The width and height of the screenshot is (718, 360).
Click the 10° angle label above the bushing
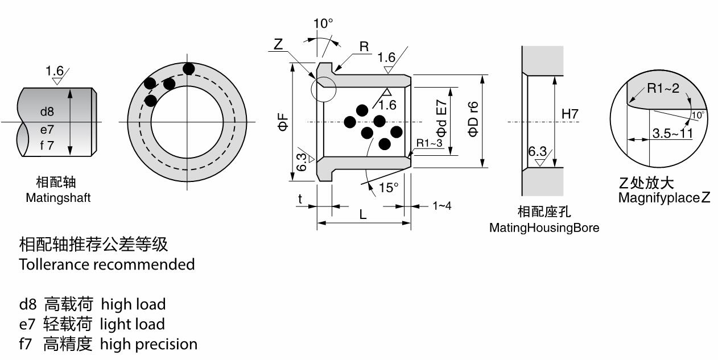pos(323,24)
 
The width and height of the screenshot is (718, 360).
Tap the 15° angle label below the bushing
pos(389,188)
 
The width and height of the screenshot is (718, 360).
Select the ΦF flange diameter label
pos(283,122)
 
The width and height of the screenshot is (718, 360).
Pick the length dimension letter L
pos(363,214)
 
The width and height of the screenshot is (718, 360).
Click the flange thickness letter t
pos(300,198)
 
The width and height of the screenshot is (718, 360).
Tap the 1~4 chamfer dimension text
pos(441,205)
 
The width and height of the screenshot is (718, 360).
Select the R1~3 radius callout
pos(429,143)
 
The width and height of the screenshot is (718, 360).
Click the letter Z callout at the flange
pos(278,44)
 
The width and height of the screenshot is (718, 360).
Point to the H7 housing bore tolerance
pos(570,114)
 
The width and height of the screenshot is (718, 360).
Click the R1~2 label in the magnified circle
pos(663,88)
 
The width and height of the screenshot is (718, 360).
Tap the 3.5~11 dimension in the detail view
pos(672,134)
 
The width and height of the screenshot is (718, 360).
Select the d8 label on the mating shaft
pos(47,112)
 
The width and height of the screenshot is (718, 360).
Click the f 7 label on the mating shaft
pos(47,145)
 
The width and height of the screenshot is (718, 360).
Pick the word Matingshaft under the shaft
pos(58,198)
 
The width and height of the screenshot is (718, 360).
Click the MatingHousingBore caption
pos(544,228)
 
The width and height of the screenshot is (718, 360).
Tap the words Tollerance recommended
pos(107,264)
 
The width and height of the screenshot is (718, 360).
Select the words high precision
pos(149,344)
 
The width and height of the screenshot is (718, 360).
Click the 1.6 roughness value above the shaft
pos(55,71)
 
